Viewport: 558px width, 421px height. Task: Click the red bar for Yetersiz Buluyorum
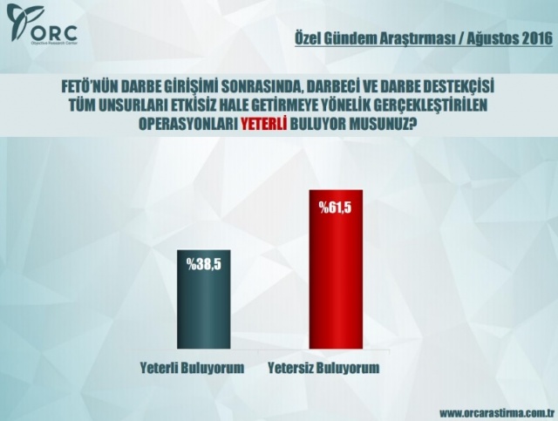point(336,269)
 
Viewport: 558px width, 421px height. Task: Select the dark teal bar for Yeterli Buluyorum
point(203,299)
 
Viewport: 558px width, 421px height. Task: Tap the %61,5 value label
point(336,207)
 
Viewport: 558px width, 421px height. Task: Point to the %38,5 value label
point(204,264)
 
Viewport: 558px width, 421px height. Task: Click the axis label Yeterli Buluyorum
point(192,368)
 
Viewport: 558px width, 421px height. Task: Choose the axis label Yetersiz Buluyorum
point(323,368)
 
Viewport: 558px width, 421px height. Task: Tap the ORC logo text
point(54,33)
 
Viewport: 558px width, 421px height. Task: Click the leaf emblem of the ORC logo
point(21,22)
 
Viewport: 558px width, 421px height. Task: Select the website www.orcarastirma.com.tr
point(497,413)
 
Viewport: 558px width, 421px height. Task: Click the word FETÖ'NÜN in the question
point(93,87)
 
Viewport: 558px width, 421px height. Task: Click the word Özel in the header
point(308,39)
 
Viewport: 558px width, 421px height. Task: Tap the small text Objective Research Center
point(54,43)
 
